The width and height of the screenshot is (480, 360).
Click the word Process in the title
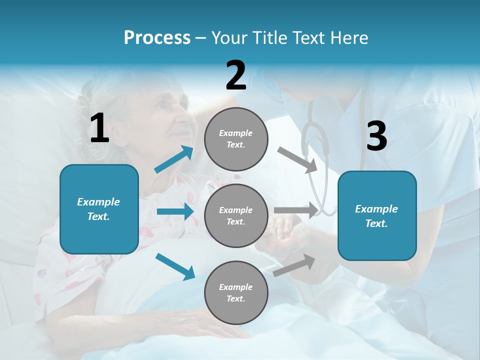[x=157, y=38]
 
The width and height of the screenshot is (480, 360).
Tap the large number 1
[x=99, y=129]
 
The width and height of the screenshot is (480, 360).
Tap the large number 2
[x=236, y=75]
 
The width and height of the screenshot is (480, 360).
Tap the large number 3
[x=376, y=136]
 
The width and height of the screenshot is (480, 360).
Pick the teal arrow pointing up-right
[x=174, y=159]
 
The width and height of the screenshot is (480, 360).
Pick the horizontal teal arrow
[x=175, y=211]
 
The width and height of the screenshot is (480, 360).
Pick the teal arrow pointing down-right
[x=175, y=266]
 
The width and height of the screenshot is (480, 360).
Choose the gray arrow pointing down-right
[x=297, y=159]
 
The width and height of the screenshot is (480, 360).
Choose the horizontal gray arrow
[x=295, y=210]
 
